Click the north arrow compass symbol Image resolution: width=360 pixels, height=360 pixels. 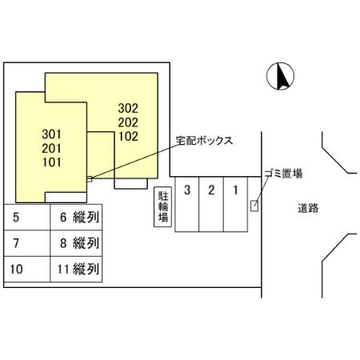pos(280,76)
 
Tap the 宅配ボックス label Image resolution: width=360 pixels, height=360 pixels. pos(204,140)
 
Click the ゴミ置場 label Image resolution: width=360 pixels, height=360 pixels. pos(283,174)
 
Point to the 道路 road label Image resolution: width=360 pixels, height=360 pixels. pos(308,208)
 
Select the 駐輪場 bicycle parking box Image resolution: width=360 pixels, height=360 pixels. pos(162,206)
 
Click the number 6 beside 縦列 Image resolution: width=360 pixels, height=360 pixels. pos(63,218)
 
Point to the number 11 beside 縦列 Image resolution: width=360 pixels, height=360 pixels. pos(63,269)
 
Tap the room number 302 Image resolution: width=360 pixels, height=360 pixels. pos(128,108)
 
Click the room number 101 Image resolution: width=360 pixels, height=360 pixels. pos(52,162)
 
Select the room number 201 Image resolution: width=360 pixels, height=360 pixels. pos(51,148)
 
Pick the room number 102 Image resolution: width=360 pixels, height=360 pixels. pos(128,136)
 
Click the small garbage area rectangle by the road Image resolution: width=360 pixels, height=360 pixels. pos(254,206)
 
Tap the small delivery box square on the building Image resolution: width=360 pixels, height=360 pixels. pos(90,179)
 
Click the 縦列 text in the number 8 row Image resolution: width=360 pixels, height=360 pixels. pos(86,243)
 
